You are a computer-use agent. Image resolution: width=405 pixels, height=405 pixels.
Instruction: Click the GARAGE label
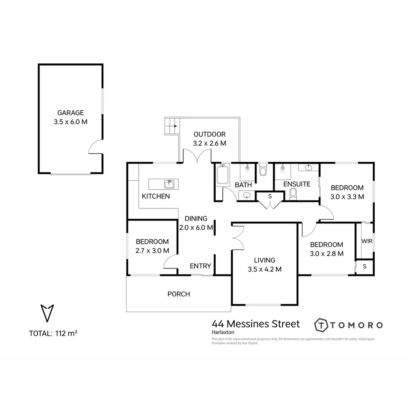point(70,112)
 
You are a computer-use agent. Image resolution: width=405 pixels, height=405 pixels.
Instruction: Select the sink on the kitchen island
point(169,184)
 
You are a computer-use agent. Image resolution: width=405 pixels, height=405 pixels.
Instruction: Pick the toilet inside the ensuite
point(293,193)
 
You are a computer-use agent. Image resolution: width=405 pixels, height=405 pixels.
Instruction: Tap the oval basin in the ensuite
point(309,167)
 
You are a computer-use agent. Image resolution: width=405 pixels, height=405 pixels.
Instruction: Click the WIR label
point(367,241)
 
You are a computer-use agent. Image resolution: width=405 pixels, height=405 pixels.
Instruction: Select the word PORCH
point(178,294)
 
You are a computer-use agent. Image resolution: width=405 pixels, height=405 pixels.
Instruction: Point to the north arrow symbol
point(47,313)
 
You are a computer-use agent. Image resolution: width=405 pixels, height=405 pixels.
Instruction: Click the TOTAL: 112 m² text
point(53,333)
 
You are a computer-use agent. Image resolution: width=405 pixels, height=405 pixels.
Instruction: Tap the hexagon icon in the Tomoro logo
point(321,325)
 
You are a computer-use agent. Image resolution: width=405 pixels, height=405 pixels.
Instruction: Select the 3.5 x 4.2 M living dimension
point(264,269)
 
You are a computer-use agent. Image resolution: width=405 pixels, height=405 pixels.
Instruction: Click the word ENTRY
point(200,266)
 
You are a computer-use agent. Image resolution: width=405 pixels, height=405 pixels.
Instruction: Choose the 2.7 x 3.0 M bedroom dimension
point(152,250)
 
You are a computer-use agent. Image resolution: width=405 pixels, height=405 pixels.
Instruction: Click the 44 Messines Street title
point(256,324)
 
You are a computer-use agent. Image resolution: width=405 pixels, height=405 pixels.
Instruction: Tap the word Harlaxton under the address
point(223,332)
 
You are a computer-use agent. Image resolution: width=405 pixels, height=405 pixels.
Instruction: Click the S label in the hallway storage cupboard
point(270,196)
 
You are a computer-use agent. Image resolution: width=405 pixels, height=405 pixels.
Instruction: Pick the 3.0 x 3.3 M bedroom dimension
point(347,196)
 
